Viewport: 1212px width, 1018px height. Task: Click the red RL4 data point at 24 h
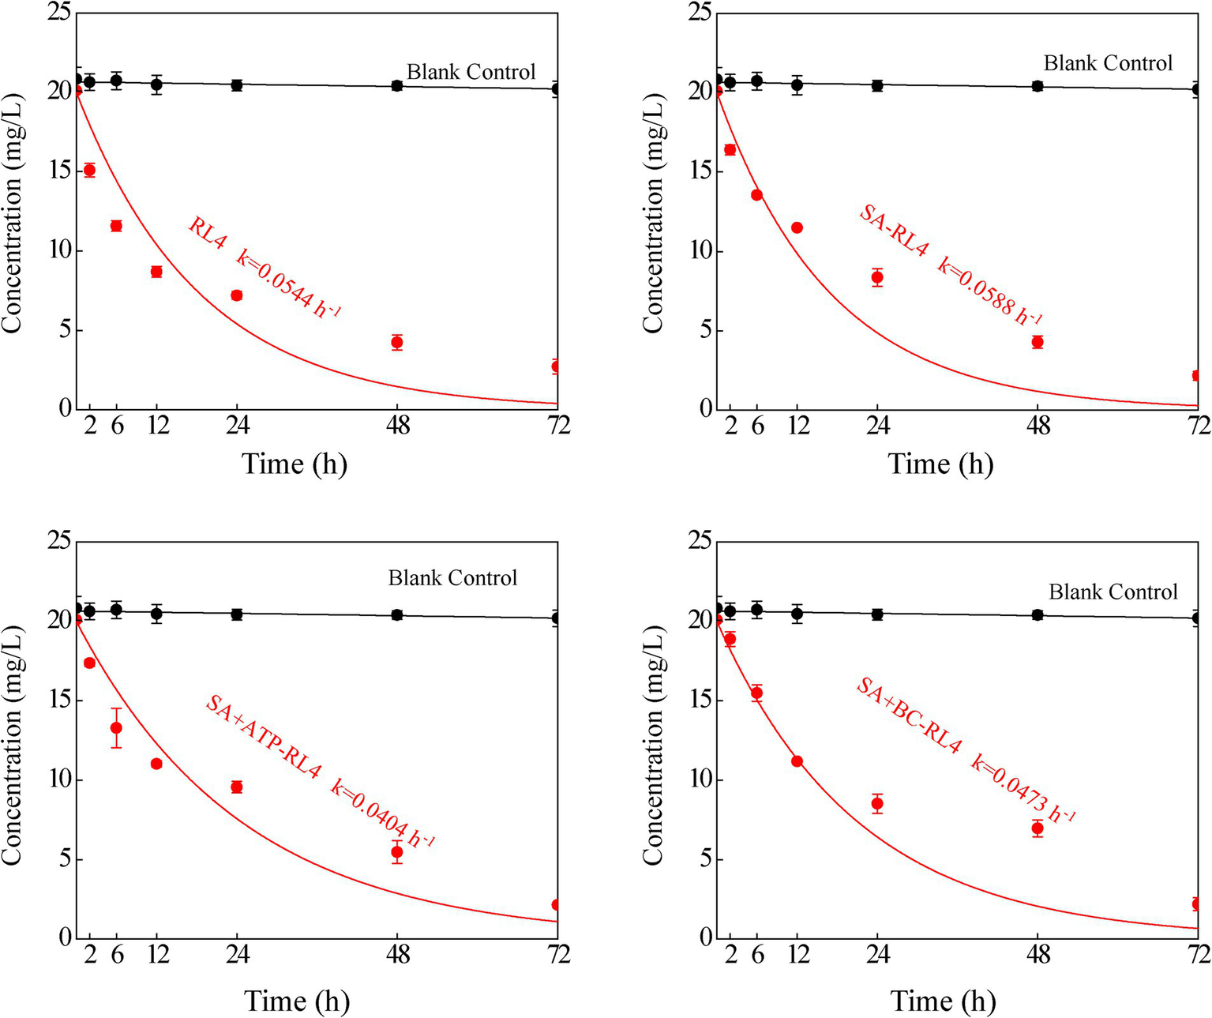236,295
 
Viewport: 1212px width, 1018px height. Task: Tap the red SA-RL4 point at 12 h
797,227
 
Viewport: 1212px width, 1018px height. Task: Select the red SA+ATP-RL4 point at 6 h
116,727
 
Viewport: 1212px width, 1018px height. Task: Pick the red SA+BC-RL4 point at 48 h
1038,828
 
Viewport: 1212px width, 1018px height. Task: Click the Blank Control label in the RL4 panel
471,72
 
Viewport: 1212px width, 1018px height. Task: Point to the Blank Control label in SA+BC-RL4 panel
1113,592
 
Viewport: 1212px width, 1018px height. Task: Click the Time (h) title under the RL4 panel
294,464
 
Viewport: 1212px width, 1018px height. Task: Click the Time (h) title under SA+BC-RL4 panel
943,1001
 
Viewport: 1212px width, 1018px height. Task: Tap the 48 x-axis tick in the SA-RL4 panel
1038,426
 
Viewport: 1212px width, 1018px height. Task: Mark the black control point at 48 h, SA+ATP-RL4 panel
397,614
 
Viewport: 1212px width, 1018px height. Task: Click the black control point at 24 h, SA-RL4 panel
876,85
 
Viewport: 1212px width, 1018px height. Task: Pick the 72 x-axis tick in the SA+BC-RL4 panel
1198,955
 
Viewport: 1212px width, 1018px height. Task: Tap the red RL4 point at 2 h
89,170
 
